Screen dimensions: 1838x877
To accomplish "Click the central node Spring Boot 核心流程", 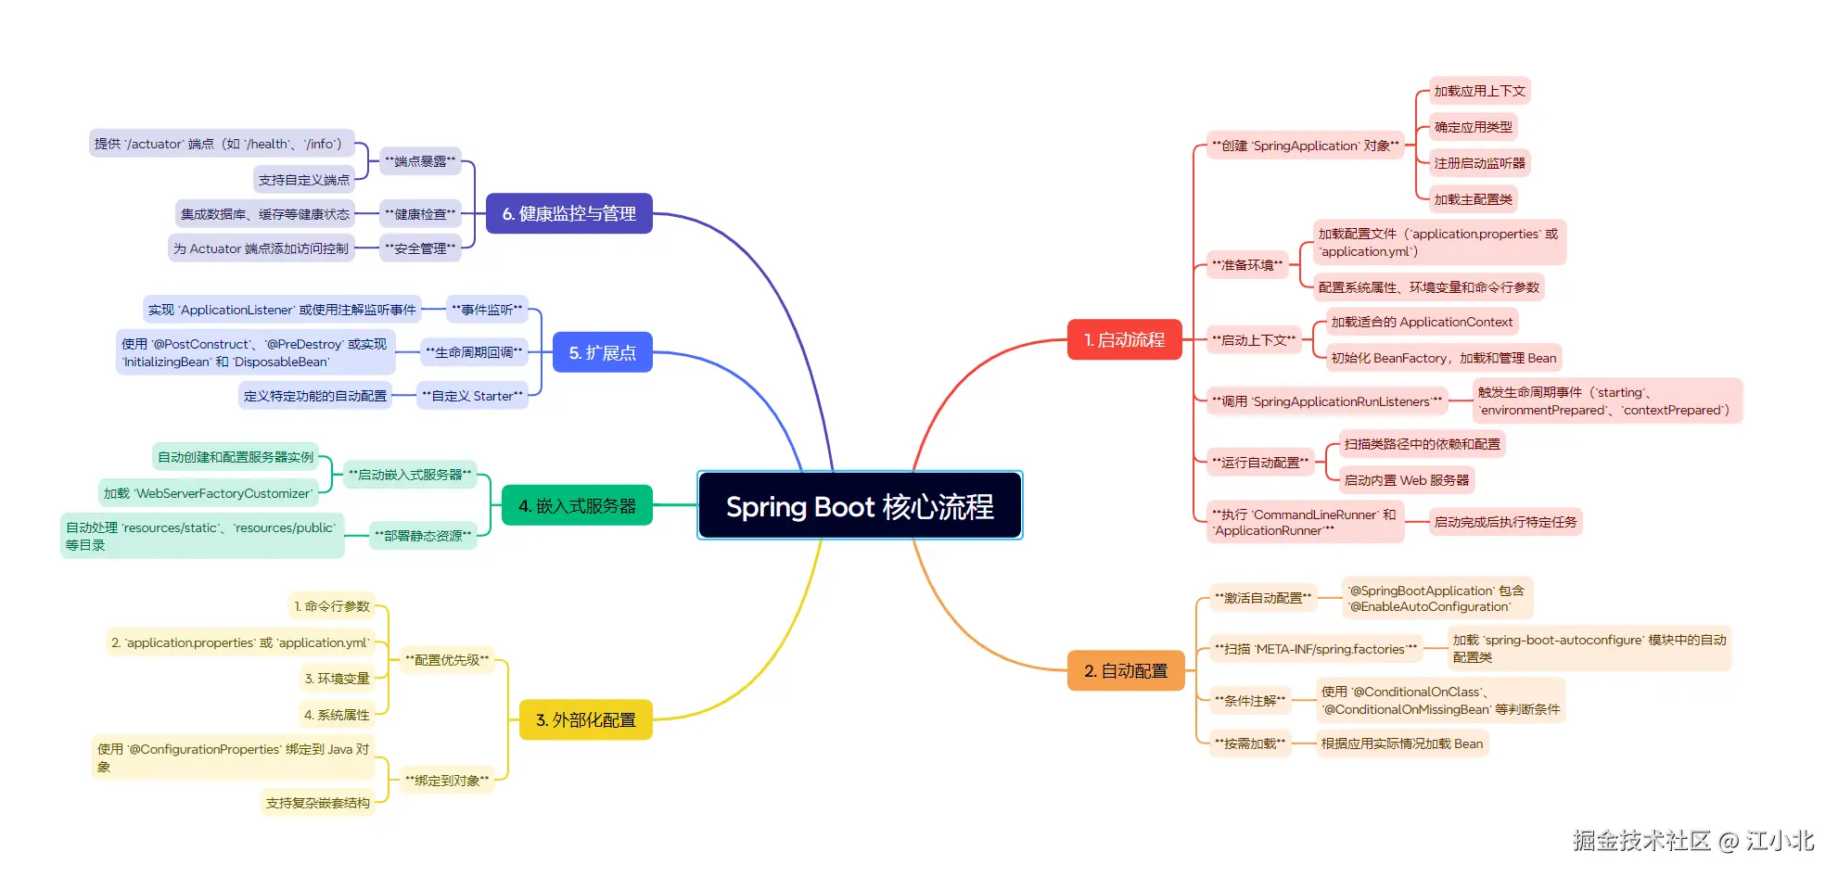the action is click(x=860, y=505).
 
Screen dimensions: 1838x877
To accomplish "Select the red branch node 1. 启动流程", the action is click(x=1124, y=339).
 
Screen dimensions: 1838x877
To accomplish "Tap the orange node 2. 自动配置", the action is click(x=1126, y=670).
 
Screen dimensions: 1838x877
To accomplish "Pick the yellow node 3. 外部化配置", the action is click(x=586, y=719).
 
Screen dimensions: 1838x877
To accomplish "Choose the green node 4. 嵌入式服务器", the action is click(x=577, y=505).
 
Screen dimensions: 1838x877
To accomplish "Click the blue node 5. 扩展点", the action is click(x=603, y=352).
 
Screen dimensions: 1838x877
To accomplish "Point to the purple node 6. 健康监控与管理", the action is click(x=569, y=213).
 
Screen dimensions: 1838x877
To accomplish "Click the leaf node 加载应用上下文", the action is click(x=1479, y=91).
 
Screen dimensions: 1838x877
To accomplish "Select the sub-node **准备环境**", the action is click(x=1247, y=265).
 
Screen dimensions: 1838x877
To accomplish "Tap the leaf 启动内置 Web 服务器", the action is click(x=1407, y=480).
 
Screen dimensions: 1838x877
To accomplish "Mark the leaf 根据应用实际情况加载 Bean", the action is click(x=1402, y=744).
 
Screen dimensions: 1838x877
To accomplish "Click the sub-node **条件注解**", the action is click(x=1250, y=701).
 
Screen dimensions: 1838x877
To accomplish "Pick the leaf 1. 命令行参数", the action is click(x=332, y=606).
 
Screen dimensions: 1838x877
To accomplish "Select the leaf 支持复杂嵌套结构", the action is click(x=318, y=803).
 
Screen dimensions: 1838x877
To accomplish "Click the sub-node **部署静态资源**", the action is click(x=423, y=536).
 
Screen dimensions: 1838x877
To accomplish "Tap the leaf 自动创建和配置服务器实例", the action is click(x=236, y=457).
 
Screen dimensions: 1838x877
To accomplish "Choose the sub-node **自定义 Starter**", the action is click(x=472, y=396).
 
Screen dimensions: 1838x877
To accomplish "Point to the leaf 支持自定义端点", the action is click(x=304, y=180).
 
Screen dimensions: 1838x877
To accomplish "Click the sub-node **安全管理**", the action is click(x=420, y=248).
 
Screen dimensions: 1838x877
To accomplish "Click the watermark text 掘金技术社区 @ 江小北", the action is click(x=1692, y=840).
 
